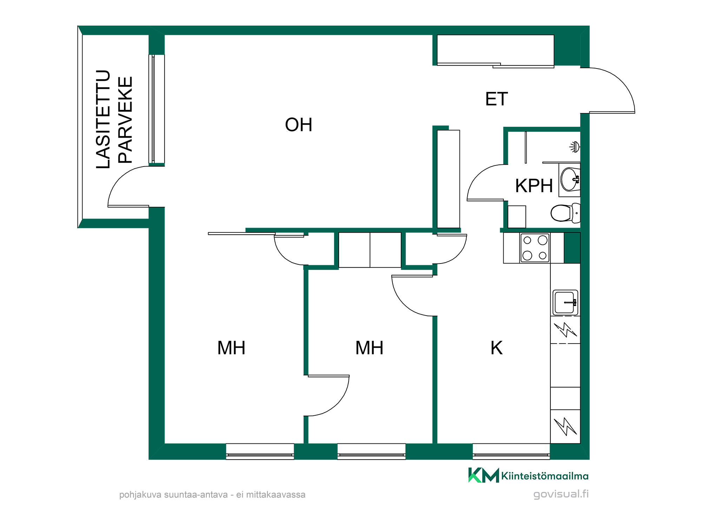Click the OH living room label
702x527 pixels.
pos(298,125)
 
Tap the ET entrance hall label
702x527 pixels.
pos(496,99)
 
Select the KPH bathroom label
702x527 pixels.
pos(534,186)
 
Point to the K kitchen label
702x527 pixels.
pos(496,348)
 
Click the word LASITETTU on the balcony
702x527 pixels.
pos(103,119)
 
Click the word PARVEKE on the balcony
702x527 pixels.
pos(125,120)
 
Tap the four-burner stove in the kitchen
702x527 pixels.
pos(535,248)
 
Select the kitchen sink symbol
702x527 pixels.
pos(565,302)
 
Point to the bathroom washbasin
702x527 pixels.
pos(570,179)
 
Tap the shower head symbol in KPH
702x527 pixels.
pos(575,147)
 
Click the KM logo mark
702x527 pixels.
pos(484,475)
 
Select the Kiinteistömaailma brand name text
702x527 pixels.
pos(545,476)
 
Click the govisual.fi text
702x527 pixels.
pos(561,494)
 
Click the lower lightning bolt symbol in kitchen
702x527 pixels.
pos(565,426)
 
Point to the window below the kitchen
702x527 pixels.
pos(511,451)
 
